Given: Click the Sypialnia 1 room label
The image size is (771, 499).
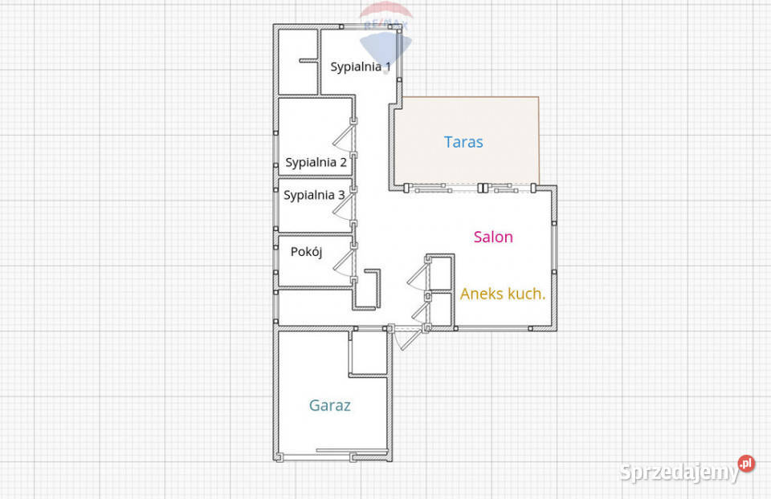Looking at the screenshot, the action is [361, 67].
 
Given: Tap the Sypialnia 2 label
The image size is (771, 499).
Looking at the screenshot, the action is [316, 163].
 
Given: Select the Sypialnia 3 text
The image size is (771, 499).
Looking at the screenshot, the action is [314, 196].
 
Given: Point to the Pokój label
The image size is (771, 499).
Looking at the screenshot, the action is [306, 252].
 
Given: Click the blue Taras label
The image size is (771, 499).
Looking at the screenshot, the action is [463, 142].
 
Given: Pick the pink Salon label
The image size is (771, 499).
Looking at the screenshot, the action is [493, 237].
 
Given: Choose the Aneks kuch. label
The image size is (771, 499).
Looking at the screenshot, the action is [503, 294].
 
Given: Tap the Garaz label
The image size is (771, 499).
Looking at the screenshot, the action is [329, 406].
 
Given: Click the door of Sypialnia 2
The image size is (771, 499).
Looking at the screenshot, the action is [345, 138].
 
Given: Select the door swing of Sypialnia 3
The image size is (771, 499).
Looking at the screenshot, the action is [345, 206].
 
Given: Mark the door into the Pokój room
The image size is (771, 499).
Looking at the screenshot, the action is [345, 263].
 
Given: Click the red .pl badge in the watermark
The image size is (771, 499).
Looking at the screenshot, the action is [746, 463].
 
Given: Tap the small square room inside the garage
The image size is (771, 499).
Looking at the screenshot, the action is [369, 352].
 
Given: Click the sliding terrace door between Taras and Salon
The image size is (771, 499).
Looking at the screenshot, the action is [470, 188].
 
